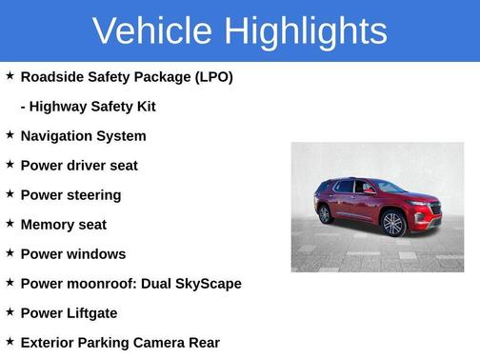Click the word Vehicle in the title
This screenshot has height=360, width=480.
click(x=152, y=31)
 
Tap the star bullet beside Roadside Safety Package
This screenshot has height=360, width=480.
click(x=10, y=75)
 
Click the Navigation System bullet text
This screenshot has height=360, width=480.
click(x=83, y=136)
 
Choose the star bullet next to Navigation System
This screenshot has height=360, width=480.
click(x=10, y=135)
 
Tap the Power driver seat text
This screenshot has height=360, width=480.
click(x=79, y=166)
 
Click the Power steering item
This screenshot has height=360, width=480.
click(x=70, y=195)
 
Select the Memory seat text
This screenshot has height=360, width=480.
click(x=64, y=225)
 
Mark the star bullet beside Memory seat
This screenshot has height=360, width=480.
click(x=10, y=224)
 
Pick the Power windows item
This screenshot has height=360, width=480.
click(x=73, y=254)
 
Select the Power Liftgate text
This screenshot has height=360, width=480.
click(x=69, y=313)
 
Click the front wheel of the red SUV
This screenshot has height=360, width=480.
click(x=393, y=224)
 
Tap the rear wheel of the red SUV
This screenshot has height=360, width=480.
click(x=326, y=214)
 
